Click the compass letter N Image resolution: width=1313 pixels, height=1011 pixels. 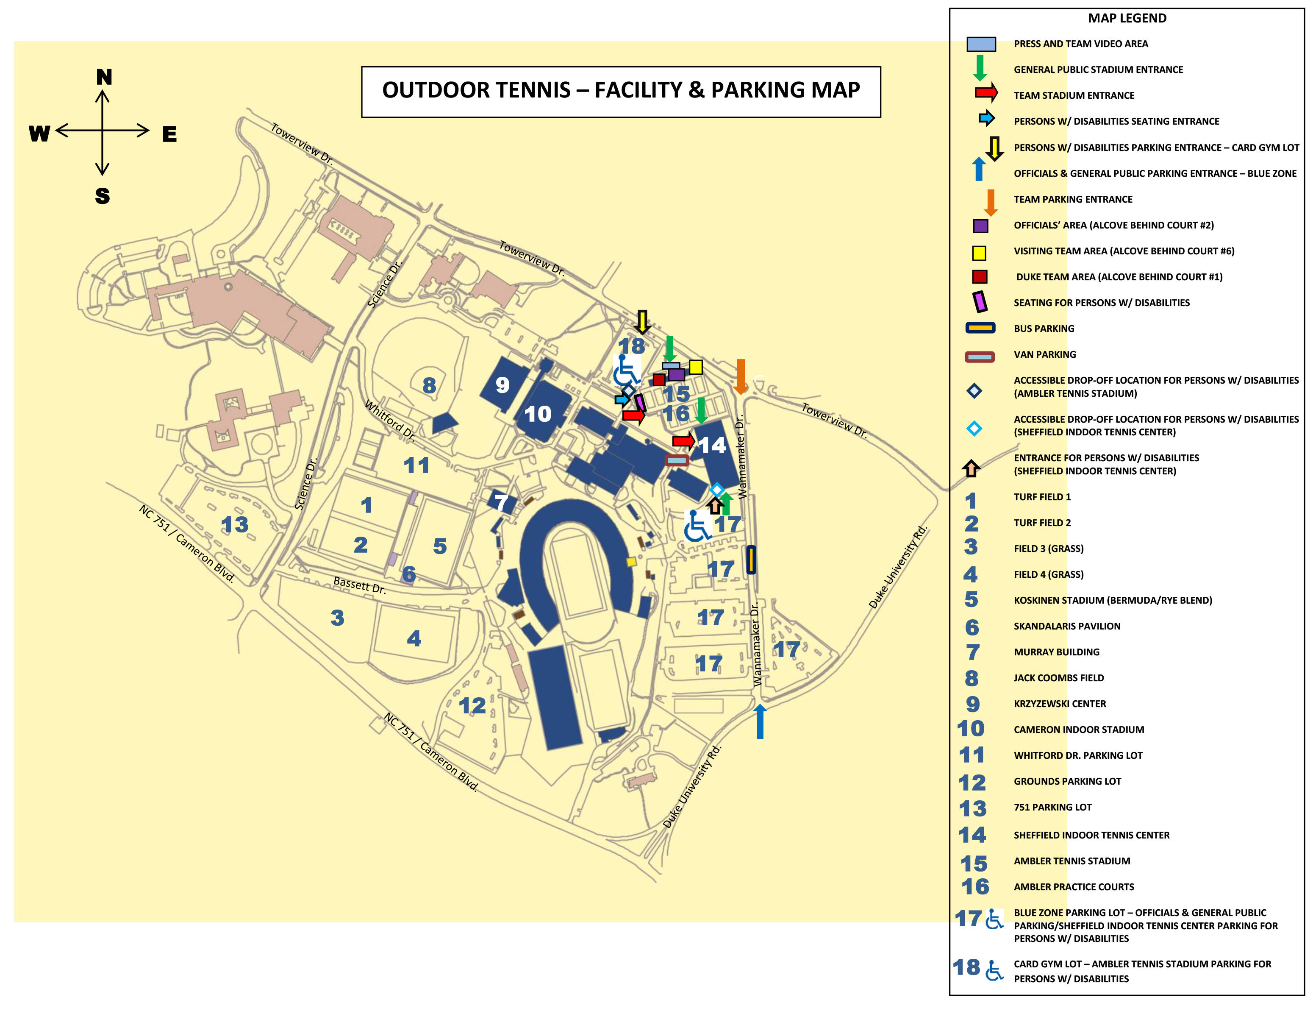click(x=104, y=77)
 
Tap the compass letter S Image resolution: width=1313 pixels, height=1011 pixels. click(x=103, y=196)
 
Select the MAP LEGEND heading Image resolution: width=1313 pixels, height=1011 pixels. click(x=1127, y=18)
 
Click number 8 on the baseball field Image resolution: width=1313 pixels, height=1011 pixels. click(x=429, y=385)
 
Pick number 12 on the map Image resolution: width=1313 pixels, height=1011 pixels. click(x=472, y=705)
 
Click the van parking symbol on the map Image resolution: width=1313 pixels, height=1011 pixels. click(x=677, y=461)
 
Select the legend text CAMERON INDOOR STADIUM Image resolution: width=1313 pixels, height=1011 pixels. click(x=1079, y=730)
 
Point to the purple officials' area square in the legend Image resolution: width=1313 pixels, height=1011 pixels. click(x=980, y=226)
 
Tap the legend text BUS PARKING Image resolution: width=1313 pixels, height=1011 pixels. click(x=1044, y=329)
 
